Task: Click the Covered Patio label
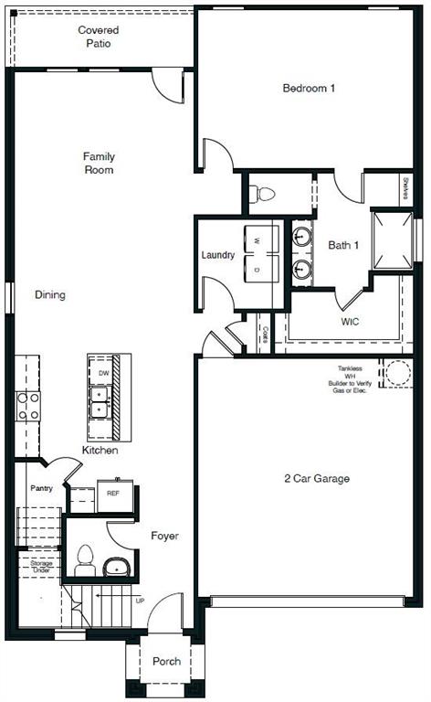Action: pyautogui.click(x=98, y=37)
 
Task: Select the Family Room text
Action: pyautogui.click(x=98, y=164)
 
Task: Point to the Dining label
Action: pyautogui.click(x=50, y=295)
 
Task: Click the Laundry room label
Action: pyautogui.click(x=218, y=255)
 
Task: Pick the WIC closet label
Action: pyautogui.click(x=351, y=323)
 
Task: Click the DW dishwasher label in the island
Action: pyautogui.click(x=102, y=374)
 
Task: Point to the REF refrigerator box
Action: pyautogui.click(x=114, y=494)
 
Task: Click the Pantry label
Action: pyautogui.click(x=41, y=488)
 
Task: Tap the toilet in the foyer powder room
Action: pyautogui.click(x=86, y=559)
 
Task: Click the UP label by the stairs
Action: pyautogui.click(x=139, y=601)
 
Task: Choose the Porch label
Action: pyautogui.click(x=166, y=662)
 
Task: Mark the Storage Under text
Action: pyautogui.click(x=41, y=567)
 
